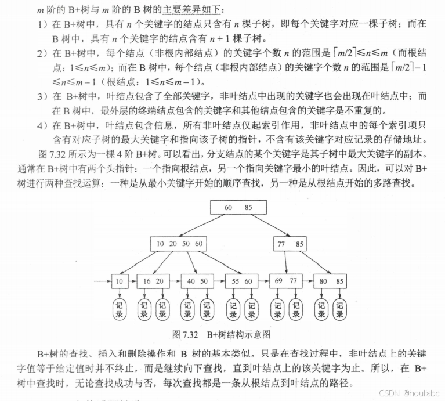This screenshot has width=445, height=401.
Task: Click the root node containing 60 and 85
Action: pos(238,208)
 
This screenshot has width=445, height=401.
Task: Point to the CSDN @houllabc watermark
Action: pos(407,393)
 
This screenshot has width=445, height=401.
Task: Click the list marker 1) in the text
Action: pos(42,24)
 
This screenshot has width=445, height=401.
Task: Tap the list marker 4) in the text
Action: pos(42,125)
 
